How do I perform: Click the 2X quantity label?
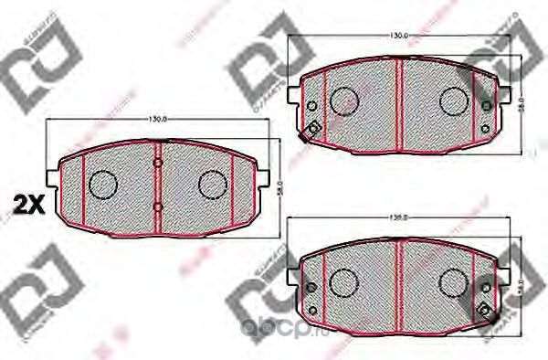pyautogui.click(x=28, y=202)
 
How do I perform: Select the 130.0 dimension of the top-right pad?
pyautogui.click(x=398, y=35)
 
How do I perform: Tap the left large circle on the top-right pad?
pyautogui.click(x=343, y=100)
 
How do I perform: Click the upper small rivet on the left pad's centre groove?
pyautogui.click(x=158, y=164)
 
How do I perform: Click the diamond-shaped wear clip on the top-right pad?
pyautogui.click(x=311, y=130)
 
